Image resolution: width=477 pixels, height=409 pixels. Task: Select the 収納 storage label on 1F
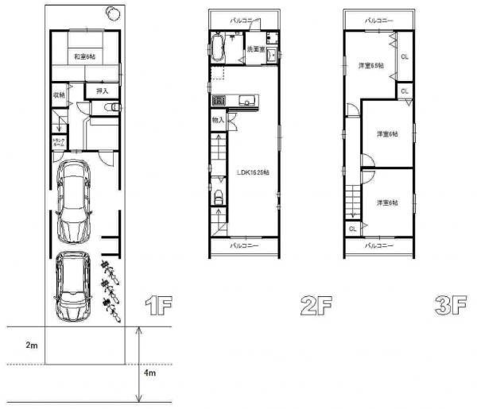(x=59, y=95)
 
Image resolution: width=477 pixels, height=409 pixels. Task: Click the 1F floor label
(x=156, y=306)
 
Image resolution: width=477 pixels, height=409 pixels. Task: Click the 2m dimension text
(x=31, y=345)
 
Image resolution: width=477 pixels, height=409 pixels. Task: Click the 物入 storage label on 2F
(x=218, y=119)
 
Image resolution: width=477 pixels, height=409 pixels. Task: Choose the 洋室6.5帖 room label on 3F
(x=370, y=65)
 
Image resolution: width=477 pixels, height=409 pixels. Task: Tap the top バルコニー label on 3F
(x=379, y=18)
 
